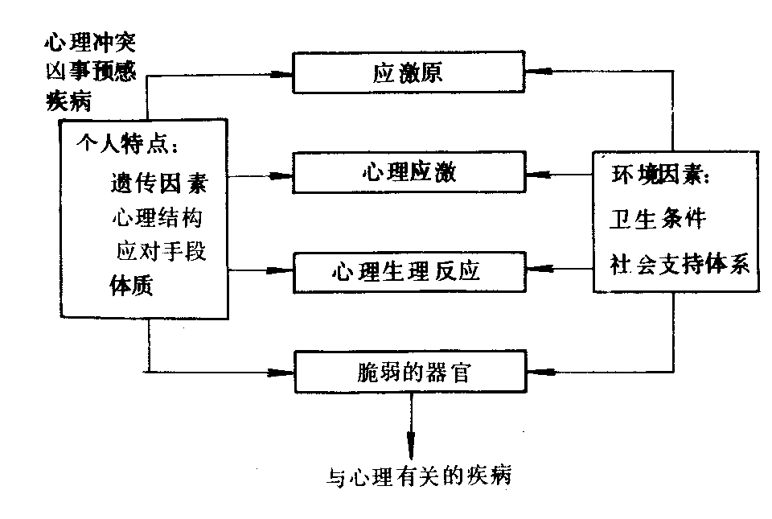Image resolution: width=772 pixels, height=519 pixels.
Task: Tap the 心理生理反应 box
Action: pyautogui.click(x=409, y=271)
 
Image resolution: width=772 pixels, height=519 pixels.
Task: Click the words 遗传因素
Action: pyautogui.click(x=158, y=183)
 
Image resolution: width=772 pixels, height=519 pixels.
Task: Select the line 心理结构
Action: pyautogui.click(x=158, y=217)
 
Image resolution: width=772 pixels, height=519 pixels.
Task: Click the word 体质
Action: pyautogui.click(x=131, y=286)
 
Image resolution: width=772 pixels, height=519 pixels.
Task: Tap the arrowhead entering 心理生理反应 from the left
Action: pyautogui.click(x=282, y=271)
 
